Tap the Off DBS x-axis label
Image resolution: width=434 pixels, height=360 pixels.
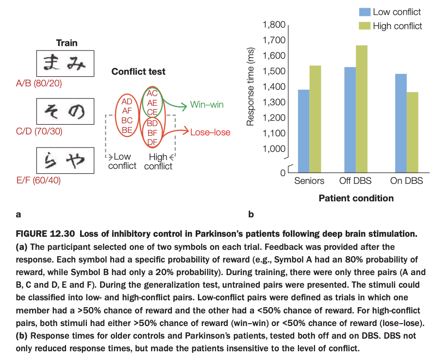pos(356,181)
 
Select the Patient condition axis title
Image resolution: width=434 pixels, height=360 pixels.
pos(356,198)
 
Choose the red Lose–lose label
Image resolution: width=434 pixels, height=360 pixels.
pos(210,132)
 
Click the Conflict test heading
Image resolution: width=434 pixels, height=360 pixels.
pos(138,72)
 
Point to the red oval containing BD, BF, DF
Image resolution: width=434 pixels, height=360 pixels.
pos(152,132)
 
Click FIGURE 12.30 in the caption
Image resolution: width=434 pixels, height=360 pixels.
pos(42,234)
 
